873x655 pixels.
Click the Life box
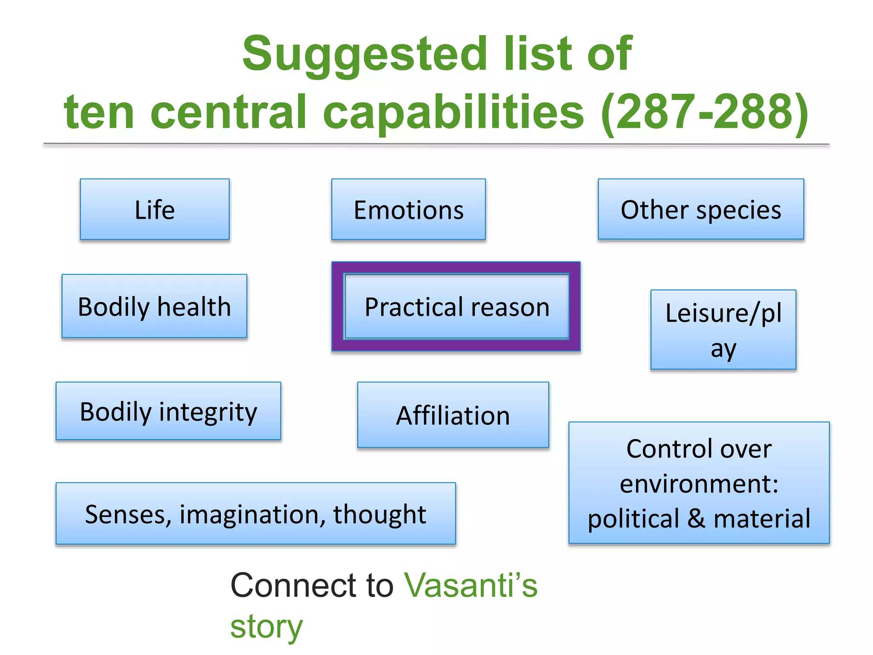pyautogui.click(x=155, y=209)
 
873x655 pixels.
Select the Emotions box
pyautogui.click(x=408, y=209)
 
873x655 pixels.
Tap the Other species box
pyautogui.click(x=701, y=209)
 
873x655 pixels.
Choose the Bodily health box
pyautogui.click(x=154, y=306)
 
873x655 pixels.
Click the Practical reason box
pyautogui.click(x=457, y=307)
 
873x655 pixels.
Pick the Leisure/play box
pyautogui.click(x=723, y=330)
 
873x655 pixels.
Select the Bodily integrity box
pyautogui.click(x=168, y=411)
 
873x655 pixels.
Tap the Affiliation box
pyautogui.click(x=453, y=415)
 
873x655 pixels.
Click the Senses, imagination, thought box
pyautogui.click(x=255, y=513)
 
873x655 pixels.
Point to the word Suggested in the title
pyautogui.click(x=364, y=55)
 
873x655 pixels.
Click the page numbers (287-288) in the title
pyautogui.click(x=704, y=112)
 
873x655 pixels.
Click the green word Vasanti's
pyautogui.click(x=471, y=585)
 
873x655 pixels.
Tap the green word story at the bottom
pyautogui.click(x=266, y=626)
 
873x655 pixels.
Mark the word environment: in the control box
pyautogui.click(x=699, y=484)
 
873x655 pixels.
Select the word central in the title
pyautogui.click(x=228, y=112)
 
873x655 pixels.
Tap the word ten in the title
pyautogui.click(x=99, y=112)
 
